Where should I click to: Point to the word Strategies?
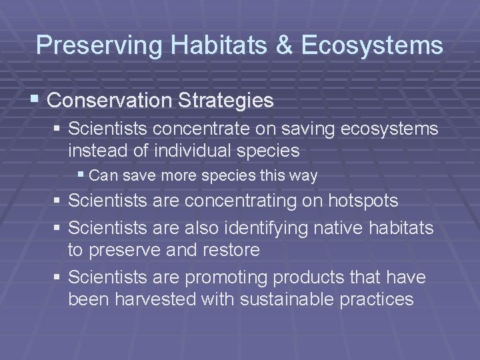click(225, 101)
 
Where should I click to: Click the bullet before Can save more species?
click(81, 176)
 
